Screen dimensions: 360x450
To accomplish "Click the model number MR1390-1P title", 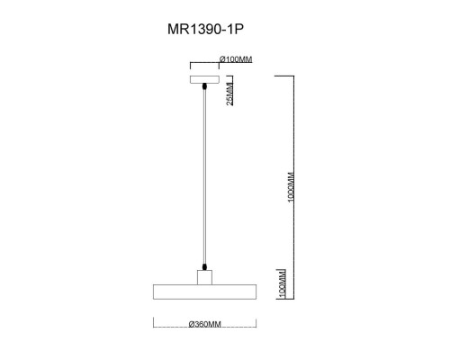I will [x=206, y=29].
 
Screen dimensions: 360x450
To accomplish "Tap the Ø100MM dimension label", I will [x=236, y=59].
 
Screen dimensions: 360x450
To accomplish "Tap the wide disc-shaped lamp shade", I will [x=206, y=292].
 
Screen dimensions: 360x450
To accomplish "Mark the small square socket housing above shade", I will [x=206, y=275].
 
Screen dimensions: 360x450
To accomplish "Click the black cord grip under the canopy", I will [x=206, y=86].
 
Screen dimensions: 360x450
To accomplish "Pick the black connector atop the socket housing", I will [x=206, y=266].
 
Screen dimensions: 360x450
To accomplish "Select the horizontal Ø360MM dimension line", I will [x=205, y=324].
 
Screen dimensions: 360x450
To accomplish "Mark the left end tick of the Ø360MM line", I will [x=154, y=324].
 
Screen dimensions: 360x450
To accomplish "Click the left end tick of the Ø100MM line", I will [x=190, y=64].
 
